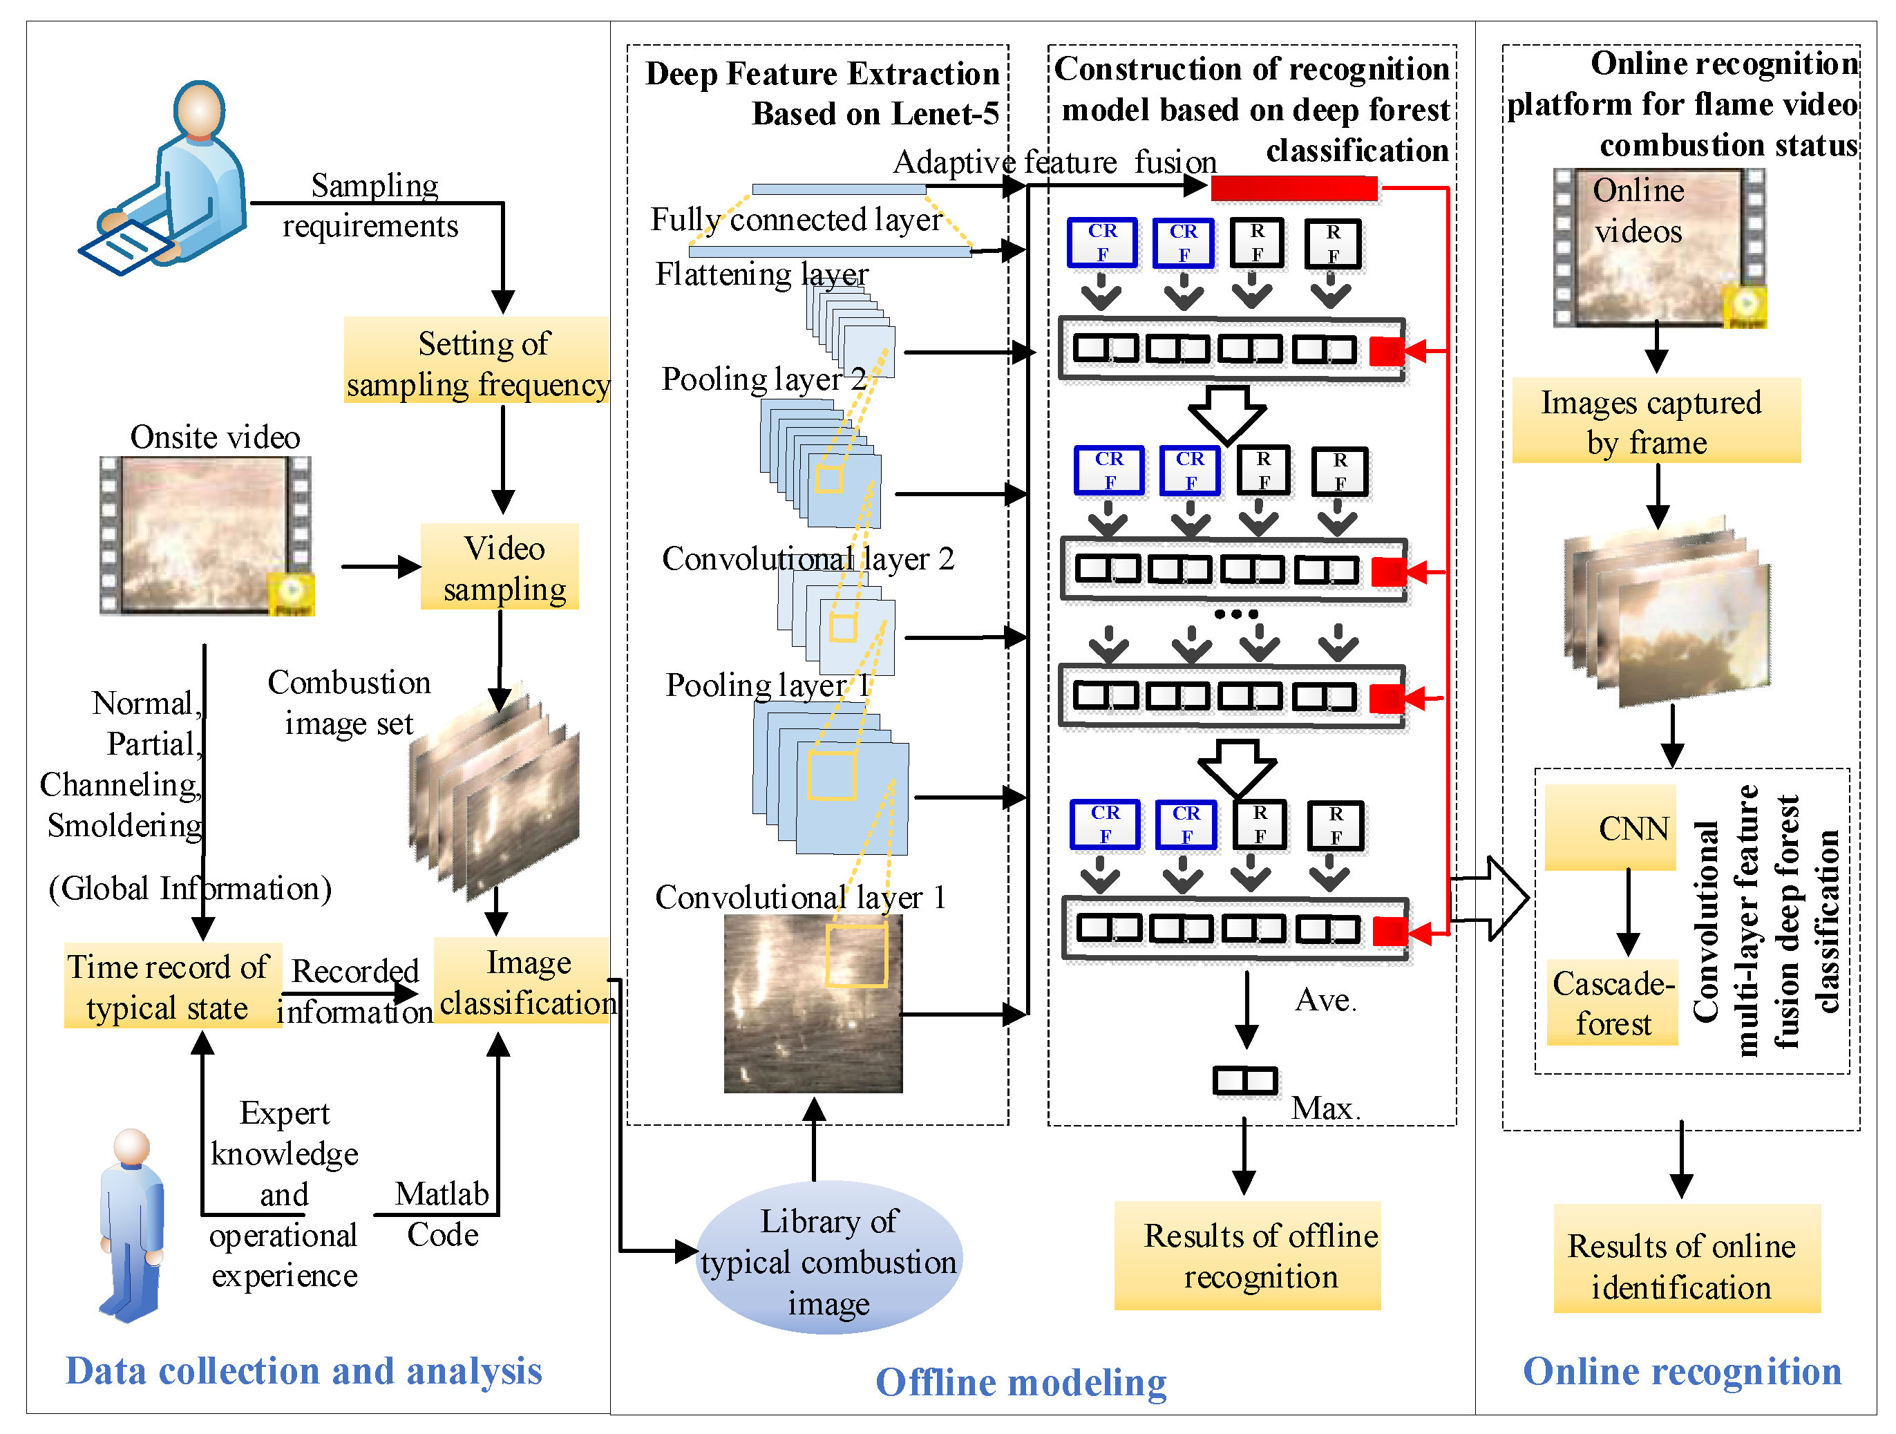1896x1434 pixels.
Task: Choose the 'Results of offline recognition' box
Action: coord(1247,1256)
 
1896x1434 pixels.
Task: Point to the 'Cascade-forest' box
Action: coord(1612,1002)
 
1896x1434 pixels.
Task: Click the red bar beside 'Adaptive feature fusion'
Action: coord(1293,189)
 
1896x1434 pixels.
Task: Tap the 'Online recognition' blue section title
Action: coord(1682,1370)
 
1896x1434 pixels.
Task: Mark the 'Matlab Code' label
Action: coord(442,1214)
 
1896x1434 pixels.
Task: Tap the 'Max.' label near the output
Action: coord(1325,1108)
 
